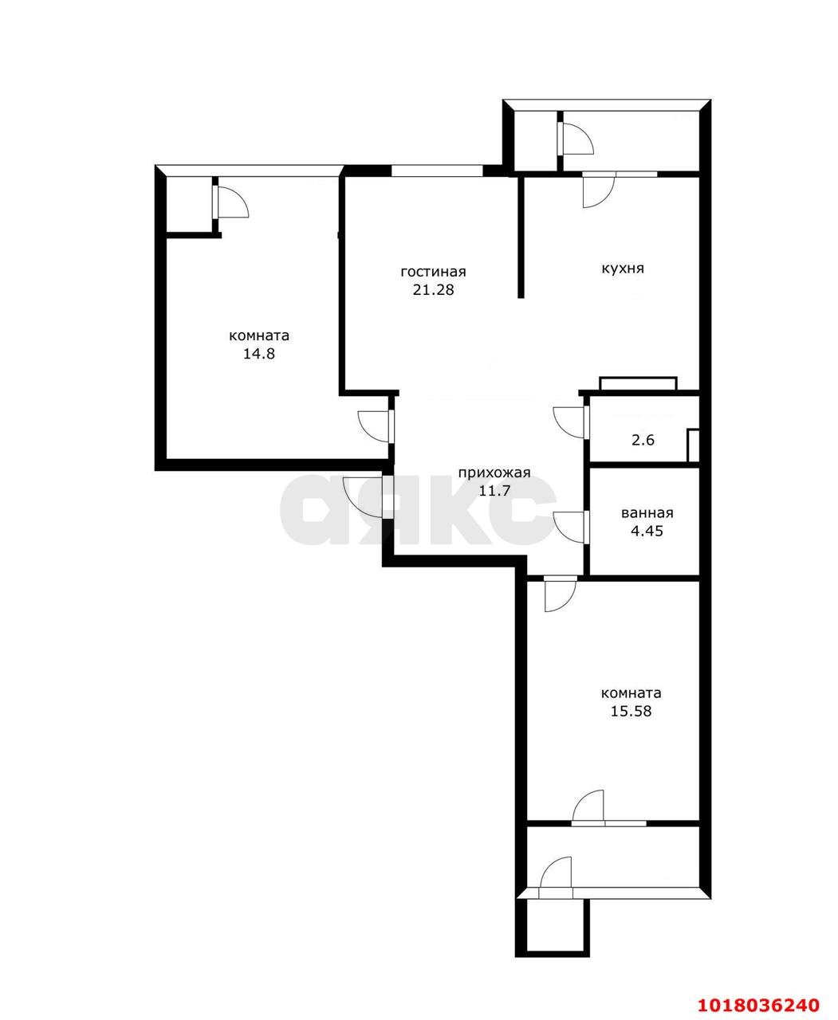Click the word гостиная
(433, 273)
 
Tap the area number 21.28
(433, 290)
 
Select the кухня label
(623, 269)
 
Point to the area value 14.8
(259, 354)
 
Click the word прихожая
(494, 473)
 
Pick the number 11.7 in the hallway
(494, 491)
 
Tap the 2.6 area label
(643, 440)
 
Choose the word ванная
(647, 513)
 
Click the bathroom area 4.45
(647, 531)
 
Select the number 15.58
(631, 712)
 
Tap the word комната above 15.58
(631, 693)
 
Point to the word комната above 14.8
(259, 335)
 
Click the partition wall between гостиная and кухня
(521, 237)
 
